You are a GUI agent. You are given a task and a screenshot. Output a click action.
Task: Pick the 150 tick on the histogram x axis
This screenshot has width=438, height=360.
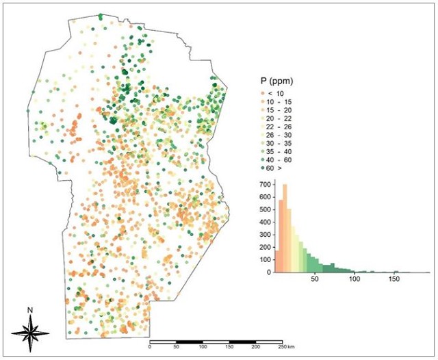[394, 279]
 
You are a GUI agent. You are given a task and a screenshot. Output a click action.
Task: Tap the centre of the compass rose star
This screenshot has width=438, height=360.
[30, 332]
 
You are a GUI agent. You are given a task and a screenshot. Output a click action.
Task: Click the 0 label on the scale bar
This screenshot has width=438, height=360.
[150, 348]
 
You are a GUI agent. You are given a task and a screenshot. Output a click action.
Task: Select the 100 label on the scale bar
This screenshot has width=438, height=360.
[203, 348]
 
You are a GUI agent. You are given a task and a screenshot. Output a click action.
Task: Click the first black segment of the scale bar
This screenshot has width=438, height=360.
[190, 341]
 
